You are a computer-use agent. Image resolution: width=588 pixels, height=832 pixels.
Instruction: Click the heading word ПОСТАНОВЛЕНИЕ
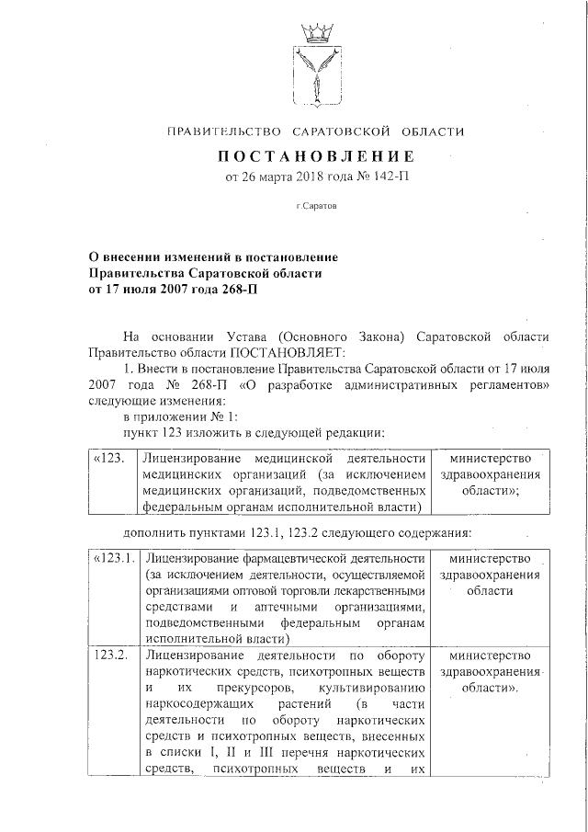click(315, 156)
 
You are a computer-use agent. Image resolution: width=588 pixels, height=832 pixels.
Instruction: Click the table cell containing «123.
click(109, 458)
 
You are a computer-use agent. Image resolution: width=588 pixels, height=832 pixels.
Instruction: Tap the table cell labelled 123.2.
click(112, 655)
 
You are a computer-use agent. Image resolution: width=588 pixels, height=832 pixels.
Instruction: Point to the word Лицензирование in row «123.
click(191, 458)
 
